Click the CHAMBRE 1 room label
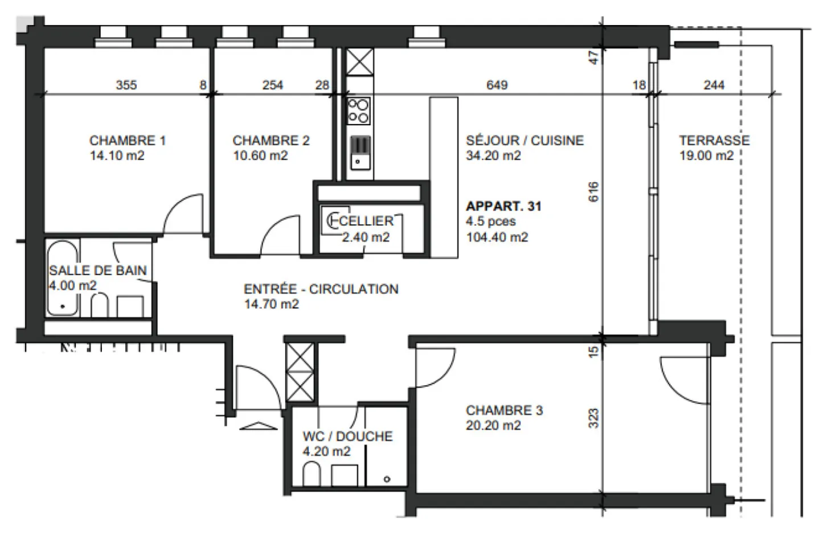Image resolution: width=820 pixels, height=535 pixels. point(128,141)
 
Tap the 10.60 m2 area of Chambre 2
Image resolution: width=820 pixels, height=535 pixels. point(260,156)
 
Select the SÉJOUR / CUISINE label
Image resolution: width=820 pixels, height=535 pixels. point(524,141)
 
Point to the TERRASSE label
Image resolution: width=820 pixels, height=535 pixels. point(714,141)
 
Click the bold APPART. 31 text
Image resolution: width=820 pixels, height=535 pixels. point(503,206)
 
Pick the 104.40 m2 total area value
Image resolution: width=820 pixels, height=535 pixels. point(497,237)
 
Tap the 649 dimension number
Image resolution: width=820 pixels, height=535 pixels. point(497,85)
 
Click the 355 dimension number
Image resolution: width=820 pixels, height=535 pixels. point(126,85)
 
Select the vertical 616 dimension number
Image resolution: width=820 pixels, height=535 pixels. point(593,192)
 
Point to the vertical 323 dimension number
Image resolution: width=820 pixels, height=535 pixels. point(593,419)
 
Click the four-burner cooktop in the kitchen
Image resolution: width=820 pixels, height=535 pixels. point(359,111)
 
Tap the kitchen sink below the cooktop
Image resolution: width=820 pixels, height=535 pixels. point(359,153)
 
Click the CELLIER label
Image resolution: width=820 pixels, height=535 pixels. point(367,221)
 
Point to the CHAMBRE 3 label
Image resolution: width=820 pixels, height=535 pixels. point(504,410)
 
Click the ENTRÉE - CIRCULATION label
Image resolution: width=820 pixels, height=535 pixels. point(321,289)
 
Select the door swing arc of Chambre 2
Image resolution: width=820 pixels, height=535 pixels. point(279,233)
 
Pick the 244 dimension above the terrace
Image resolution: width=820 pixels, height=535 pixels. point(714,85)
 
